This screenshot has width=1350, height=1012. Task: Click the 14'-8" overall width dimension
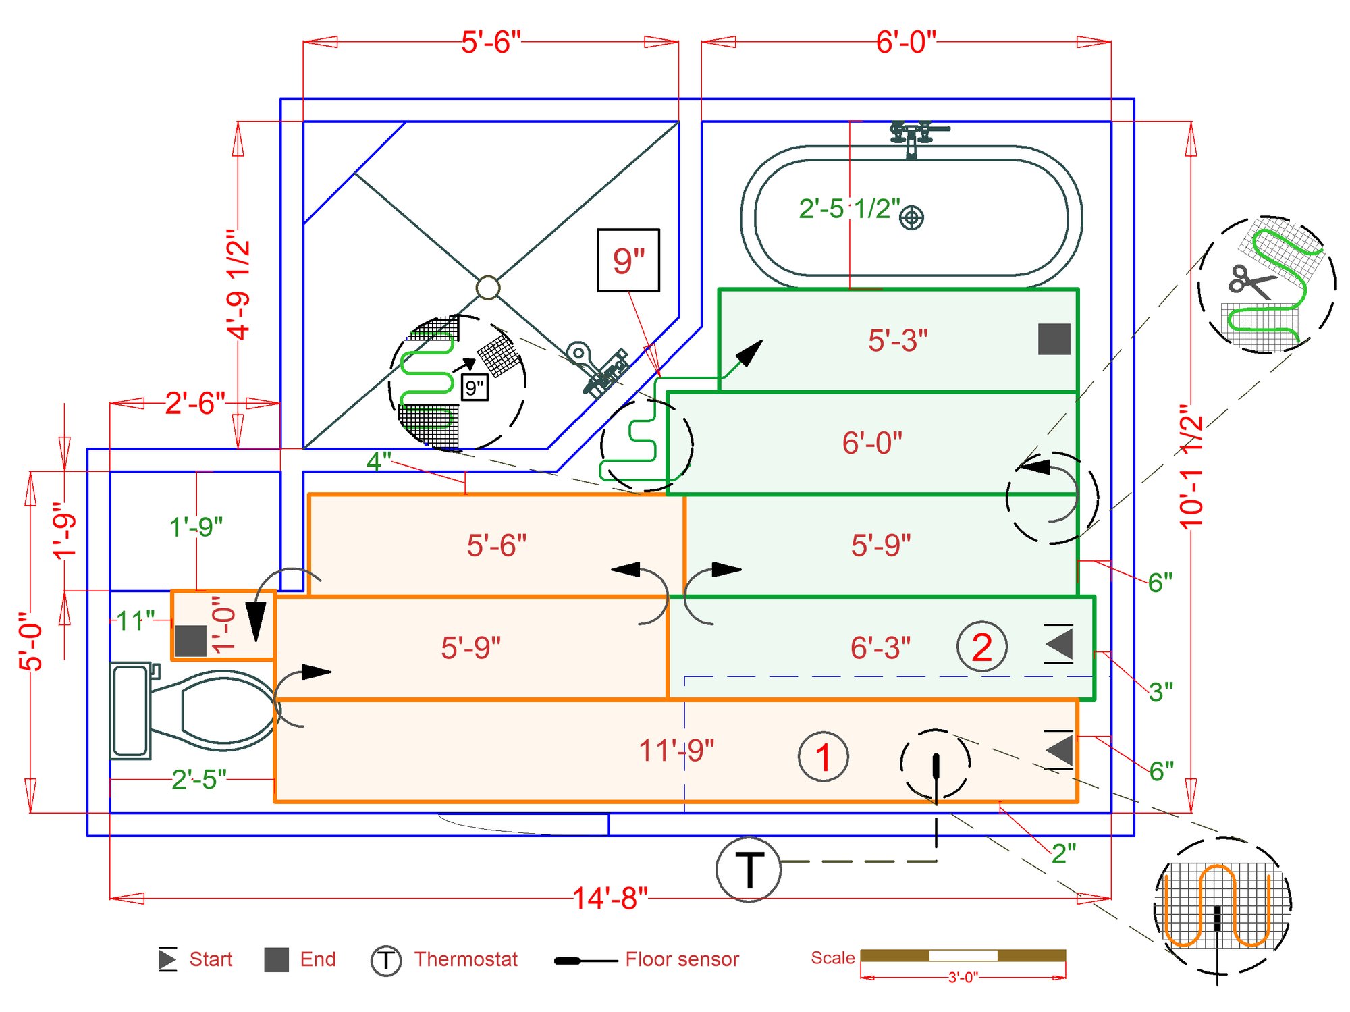pyautogui.click(x=610, y=899)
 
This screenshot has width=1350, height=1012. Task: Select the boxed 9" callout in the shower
pyautogui.click(x=628, y=261)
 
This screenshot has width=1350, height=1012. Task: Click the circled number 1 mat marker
pyautogui.click(x=823, y=757)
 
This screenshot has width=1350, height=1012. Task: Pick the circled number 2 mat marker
pyautogui.click(x=982, y=647)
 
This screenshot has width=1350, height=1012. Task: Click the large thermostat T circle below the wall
pyautogui.click(x=749, y=870)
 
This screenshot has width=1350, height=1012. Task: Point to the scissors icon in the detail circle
pyautogui.click(x=1252, y=282)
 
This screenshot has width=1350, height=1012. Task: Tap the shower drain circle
pyautogui.click(x=488, y=288)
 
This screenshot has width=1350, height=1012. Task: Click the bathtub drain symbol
pyautogui.click(x=912, y=217)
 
